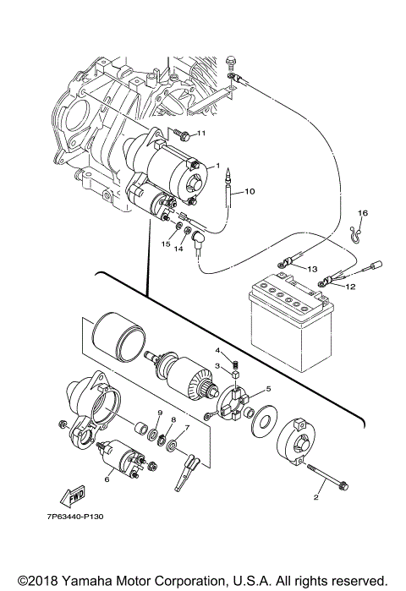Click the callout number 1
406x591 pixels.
click(217, 166)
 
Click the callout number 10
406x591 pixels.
click(250, 192)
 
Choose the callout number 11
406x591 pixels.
click(201, 134)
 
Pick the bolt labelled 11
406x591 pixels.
click(180, 133)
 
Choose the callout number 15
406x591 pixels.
click(167, 244)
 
